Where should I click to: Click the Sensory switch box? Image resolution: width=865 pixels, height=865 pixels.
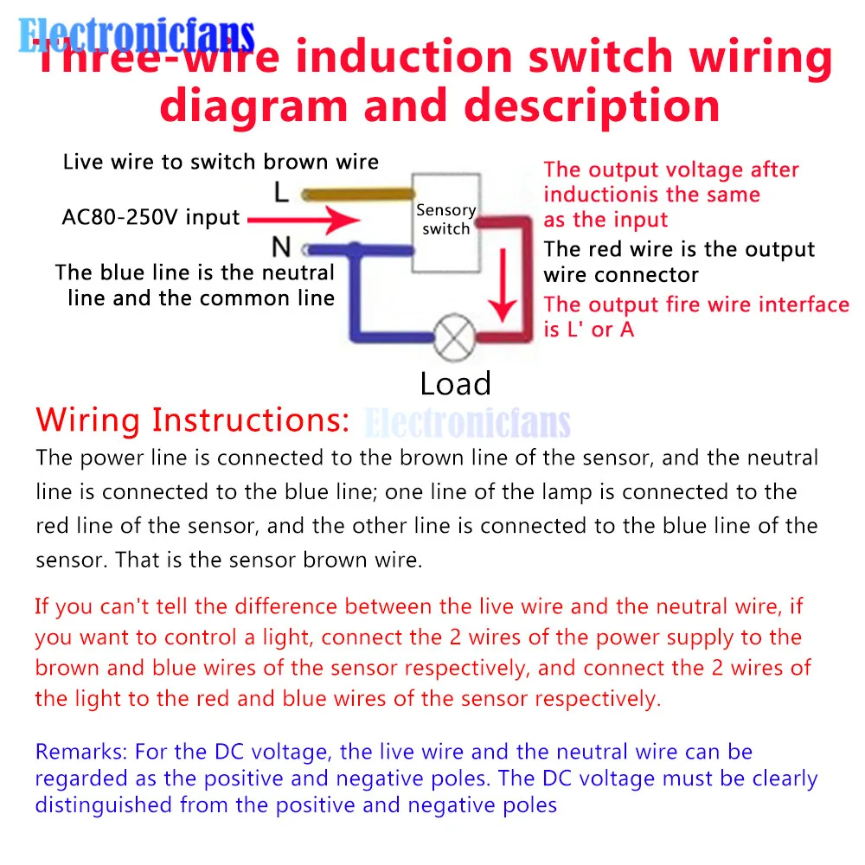pos(445,220)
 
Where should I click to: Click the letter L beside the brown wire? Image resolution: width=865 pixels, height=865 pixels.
pos(281,191)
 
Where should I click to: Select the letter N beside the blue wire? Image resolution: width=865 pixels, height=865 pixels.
pos(281,248)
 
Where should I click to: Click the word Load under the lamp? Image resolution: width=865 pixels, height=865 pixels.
pos(455,383)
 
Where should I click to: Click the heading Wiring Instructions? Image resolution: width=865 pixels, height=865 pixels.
pos(193,420)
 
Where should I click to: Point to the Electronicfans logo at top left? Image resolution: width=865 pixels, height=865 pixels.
pos(137,36)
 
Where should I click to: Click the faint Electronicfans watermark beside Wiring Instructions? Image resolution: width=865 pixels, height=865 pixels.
pos(468,423)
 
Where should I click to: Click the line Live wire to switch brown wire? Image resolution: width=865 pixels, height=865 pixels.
pos(221,162)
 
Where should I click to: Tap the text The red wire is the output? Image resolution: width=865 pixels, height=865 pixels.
pos(679,250)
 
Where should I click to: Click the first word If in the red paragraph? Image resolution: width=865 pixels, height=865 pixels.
pos(42,605)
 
